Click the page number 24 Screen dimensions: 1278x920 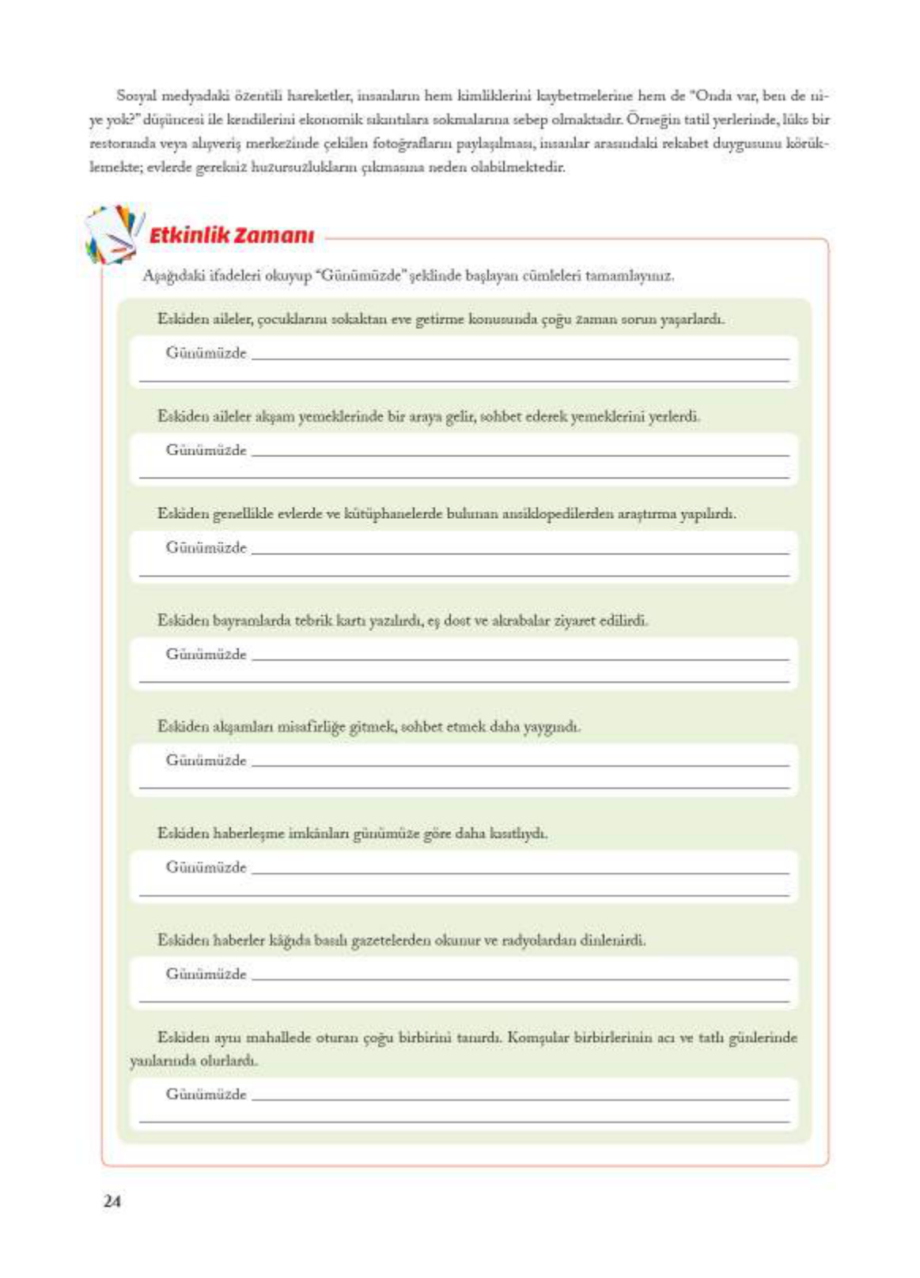point(112,1201)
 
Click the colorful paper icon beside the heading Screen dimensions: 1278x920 point(114,235)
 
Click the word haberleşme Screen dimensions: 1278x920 point(248,834)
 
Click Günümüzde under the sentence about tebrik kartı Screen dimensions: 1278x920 point(206,655)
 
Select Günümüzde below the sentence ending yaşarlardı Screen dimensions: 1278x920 point(206,353)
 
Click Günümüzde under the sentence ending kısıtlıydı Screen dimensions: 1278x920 point(206,868)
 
